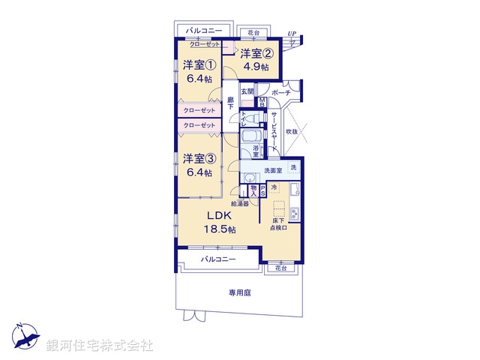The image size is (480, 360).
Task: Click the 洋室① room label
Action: (199, 64)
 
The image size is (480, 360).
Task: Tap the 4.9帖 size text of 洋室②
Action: (255, 65)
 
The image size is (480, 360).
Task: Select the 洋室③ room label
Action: (199, 158)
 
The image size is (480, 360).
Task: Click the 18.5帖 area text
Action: (221, 229)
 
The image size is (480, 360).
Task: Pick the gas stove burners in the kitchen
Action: (295, 214)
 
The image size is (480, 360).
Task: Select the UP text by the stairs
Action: (292, 34)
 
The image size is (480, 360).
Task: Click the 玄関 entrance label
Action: (247, 92)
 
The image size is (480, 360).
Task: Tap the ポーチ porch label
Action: (281, 92)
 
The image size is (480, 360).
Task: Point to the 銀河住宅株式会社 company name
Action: (99, 346)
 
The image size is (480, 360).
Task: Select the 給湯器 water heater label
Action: (240, 202)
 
